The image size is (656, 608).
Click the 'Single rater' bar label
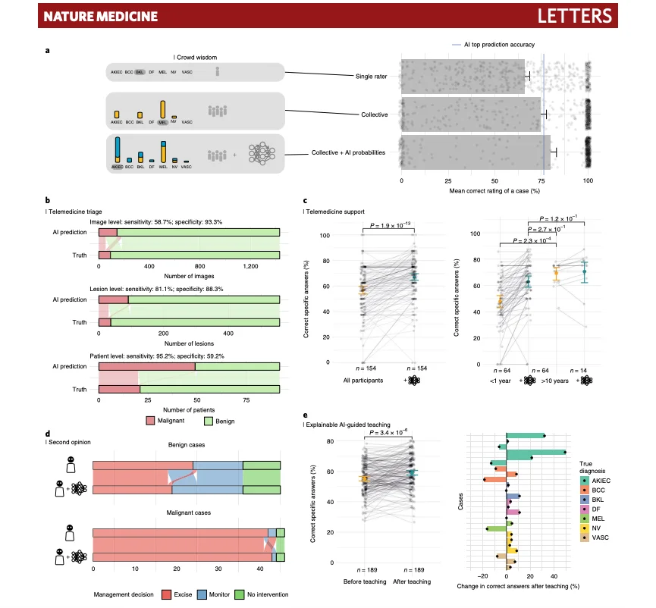pyautogui.click(x=372, y=77)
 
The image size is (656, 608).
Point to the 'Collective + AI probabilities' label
pyautogui.click(x=347, y=153)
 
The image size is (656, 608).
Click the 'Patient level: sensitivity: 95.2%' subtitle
pyautogui.click(x=190, y=356)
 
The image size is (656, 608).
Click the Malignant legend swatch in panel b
pyautogui.click(x=150, y=418)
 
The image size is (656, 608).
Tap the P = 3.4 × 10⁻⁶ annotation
pyautogui.click(x=389, y=433)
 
